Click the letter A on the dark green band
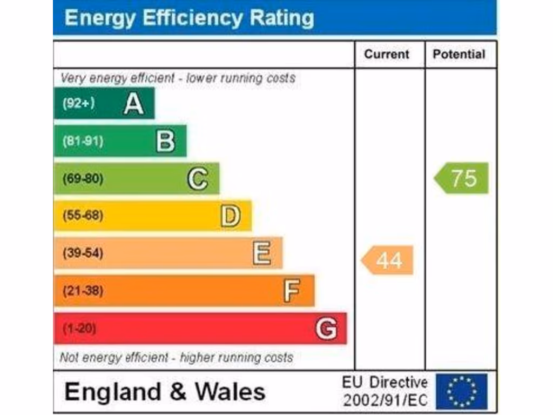tap(133, 103)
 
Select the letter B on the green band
tap(165, 141)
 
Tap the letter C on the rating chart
tap(198, 178)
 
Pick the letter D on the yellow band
tap(230, 216)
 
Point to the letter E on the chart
tap(262, 253)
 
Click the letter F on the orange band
tap(292, 291)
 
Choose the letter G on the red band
tap(327, 329)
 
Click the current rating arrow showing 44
tap(388, 260)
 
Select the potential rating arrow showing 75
tap(462, 178)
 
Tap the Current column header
tap(387, 54)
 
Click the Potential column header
tap(459, 54)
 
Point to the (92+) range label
tap(79, 103)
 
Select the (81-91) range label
tap(83, 141)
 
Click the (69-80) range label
tap(83, 178)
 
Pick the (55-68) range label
tap(83, 216)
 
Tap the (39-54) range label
tap(83, 253)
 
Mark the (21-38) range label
tap(83, 291)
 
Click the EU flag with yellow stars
tap(461, 392)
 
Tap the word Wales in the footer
tap(230, 392)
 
